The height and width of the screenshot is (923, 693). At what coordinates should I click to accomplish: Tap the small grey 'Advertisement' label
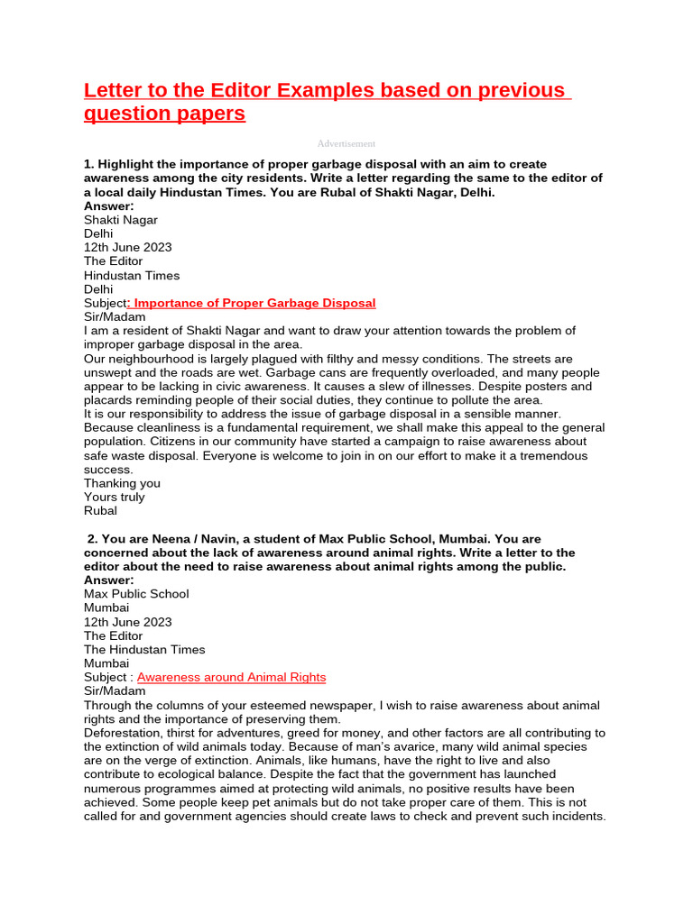coord(346,143)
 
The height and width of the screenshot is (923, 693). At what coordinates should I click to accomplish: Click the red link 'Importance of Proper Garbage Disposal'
coord(254,303)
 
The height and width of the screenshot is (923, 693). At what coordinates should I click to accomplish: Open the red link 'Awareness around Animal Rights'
coord(231,677)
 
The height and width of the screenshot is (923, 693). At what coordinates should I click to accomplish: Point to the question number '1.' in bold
coord(89,164)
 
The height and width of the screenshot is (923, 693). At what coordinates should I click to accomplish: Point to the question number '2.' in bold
coord(93,538)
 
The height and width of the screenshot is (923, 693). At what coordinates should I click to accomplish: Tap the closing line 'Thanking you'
coord(122,483)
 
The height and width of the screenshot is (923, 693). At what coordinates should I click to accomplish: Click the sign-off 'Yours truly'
coord(114,497)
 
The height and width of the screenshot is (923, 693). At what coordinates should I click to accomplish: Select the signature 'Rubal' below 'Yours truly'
coord(100,510)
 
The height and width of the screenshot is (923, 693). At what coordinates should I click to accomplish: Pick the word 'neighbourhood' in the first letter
coord(149,359)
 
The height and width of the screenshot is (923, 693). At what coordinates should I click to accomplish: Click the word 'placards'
coord(109,400)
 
